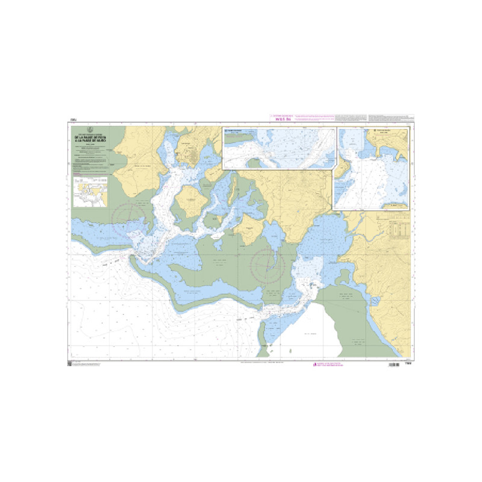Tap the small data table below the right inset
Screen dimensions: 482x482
point(399,228)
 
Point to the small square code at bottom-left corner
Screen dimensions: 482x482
point(69,364)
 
